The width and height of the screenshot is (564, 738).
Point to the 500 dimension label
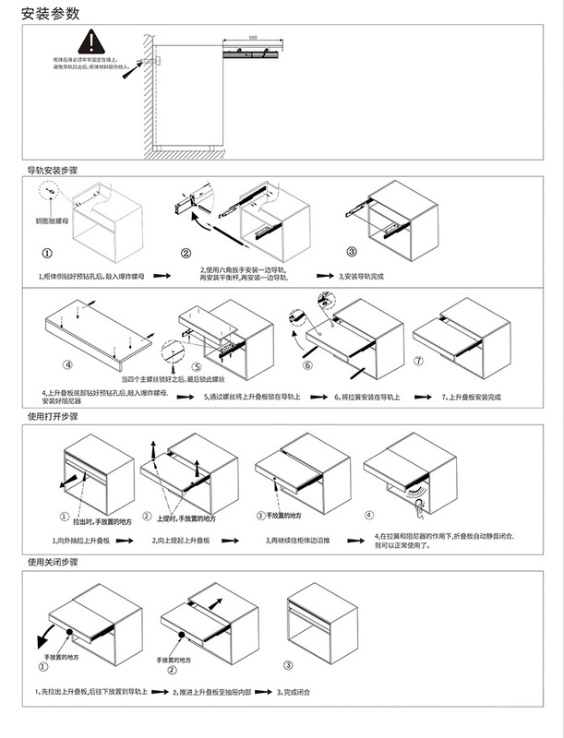[x=253, y=39]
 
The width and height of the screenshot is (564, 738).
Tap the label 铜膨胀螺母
[x=51, y=220]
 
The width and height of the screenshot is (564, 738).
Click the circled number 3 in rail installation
[x=352, y=252]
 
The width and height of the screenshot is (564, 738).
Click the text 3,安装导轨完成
[x=368, y=276]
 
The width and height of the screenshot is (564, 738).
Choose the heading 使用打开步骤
[x=52, y=416]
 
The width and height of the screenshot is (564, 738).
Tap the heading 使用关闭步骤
[x=52, y=561]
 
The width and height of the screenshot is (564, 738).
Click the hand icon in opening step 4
[x=420, y=504]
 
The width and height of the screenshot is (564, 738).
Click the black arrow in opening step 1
[x=65, y=482]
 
